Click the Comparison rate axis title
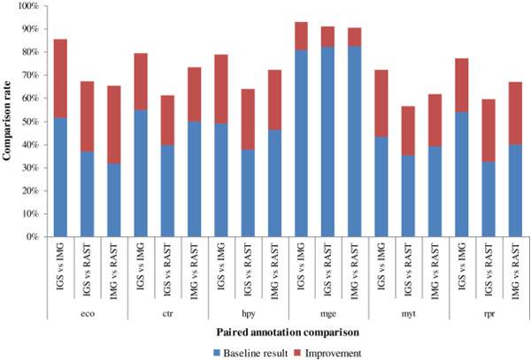click(8, 121)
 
